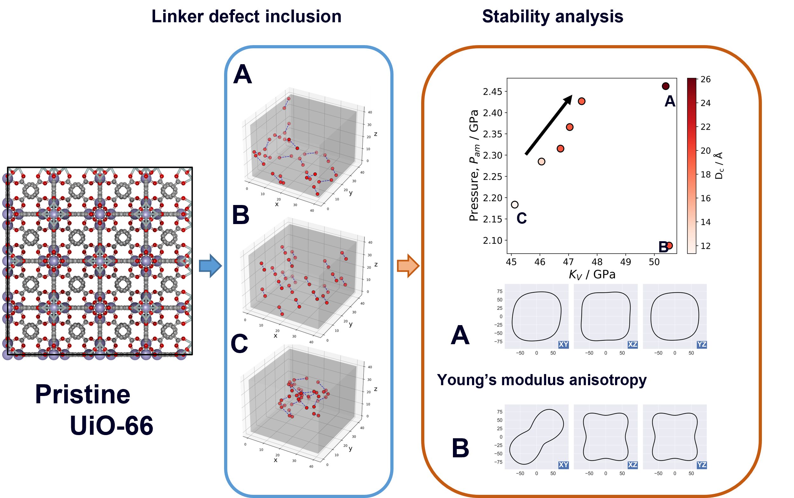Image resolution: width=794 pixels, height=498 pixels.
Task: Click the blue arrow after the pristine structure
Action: click(x=210, y=265)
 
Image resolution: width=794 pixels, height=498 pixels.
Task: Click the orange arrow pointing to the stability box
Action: click(x=408, y=265)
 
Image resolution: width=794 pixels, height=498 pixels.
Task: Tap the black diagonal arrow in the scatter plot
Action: click(x=549, y=125)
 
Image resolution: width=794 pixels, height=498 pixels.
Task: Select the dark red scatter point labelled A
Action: click(x=666, y=86)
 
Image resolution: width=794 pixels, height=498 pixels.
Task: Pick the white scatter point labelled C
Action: click(x=515, y=205)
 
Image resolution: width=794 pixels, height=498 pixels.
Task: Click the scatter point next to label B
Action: click(x=669, y=245)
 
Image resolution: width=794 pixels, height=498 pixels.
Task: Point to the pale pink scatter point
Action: click(x=541, y=161)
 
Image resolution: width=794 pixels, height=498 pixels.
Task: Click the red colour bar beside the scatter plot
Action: click(x=692, y=166)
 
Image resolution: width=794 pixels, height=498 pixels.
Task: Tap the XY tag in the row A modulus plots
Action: click(x=564, y=345)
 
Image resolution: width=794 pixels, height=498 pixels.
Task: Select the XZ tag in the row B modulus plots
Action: click(x=633, y=465)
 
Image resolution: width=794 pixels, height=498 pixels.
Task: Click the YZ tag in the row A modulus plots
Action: click(x=702, y=345)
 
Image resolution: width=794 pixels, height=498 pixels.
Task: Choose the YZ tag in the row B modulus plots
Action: click(x=702, y=465)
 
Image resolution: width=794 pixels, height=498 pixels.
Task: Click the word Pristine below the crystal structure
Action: click(x=83, y=394)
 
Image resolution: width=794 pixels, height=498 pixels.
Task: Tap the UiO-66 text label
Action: click(x=111, y=426)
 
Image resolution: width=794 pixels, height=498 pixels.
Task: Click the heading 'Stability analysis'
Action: click(x=553, y=17)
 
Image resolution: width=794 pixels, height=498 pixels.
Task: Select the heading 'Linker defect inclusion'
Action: click(x=246, y=17)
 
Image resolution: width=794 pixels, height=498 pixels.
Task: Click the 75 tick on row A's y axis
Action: click(x=500, y=291)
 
